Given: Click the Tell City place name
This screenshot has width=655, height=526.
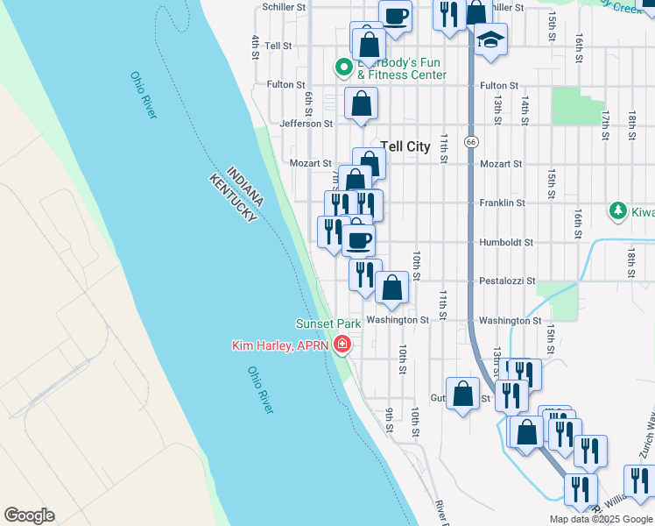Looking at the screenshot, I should click(x=405, y=146).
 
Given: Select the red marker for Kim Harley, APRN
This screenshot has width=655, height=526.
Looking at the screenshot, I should click(x=342, y=345).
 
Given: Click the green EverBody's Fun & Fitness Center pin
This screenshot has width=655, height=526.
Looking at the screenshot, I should click(x=344, y=66).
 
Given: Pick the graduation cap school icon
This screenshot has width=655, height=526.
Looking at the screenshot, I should click(x=491, y=39).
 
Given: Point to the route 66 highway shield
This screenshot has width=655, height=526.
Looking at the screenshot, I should click(x=471, y=141).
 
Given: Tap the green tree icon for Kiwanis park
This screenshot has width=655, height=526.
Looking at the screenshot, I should click(x=618, y=211).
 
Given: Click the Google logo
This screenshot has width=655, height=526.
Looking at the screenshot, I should click(x=29, y=515).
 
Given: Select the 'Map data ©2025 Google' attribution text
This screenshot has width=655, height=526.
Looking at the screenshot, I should click(x=600, y=519).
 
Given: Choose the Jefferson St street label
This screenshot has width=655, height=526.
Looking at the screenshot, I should click(x=306, y=124).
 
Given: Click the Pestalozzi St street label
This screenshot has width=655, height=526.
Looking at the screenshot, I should click(x=507, y=281).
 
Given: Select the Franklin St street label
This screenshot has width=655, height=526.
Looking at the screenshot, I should click(x=502, y=203).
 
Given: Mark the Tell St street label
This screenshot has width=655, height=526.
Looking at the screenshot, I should click(x=278, y=46).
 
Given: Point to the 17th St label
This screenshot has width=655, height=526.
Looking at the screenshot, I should click(x=604, y=125).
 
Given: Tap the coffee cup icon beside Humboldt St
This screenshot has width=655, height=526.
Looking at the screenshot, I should click(x=358, y=238).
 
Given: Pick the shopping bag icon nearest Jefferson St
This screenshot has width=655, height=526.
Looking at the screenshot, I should click(x=361, y=104).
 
